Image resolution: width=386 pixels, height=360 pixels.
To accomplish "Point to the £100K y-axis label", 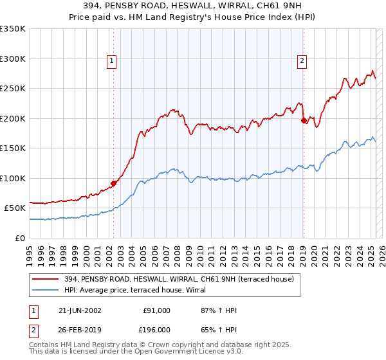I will (13, 178).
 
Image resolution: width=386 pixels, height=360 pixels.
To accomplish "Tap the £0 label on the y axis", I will (20, 238).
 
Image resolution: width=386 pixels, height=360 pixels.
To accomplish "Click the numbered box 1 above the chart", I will (112, 61).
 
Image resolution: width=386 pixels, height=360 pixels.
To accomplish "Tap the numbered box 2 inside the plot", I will (302, 61).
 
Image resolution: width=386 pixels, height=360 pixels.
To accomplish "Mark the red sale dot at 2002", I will (114, 183).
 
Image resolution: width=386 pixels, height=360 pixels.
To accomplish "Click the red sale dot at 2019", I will (304, 120).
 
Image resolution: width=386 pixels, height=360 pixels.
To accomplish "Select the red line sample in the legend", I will (46, 279).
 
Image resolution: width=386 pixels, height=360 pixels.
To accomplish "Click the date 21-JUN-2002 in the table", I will (79, 310).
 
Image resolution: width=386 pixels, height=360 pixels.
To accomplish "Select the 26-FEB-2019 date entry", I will (79, 332).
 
